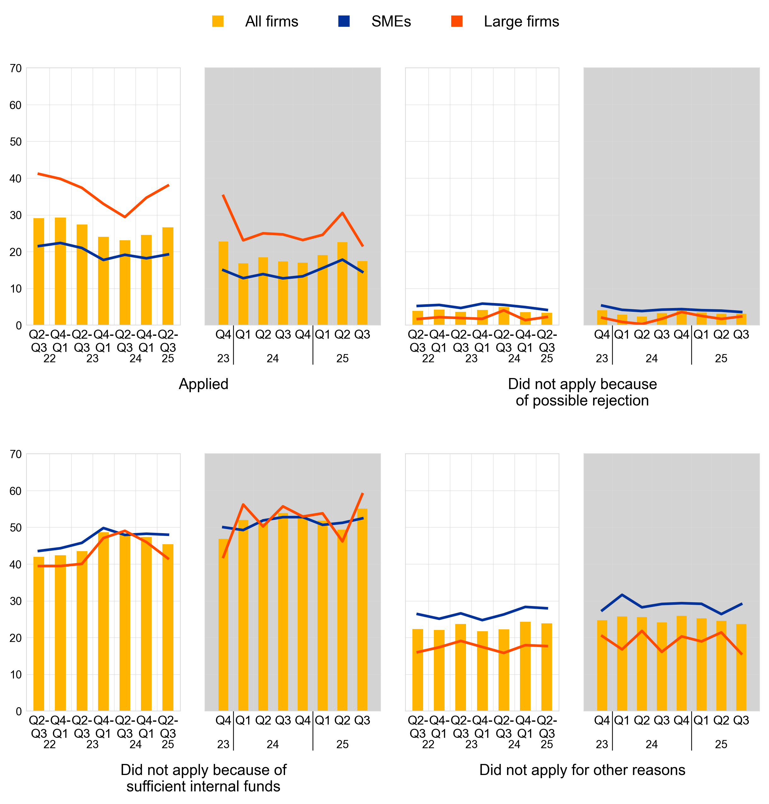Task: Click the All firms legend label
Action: tap(271, 21)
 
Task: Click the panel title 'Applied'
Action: tap(203, 384)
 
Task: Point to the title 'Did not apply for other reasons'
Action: tap(582, 770)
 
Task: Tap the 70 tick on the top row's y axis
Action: tap(15, 68)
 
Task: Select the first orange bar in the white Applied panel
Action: tap(39, 271)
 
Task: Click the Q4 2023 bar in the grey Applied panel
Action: tap(224, 283)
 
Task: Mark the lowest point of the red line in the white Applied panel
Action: tap(125, 217)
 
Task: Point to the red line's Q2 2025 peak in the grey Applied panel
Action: tap(342, 213)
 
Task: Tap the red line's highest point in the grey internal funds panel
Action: tap(362, 494)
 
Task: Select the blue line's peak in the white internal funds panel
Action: tap(103, 528)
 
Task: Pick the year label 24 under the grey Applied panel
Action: tap(273, 359)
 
